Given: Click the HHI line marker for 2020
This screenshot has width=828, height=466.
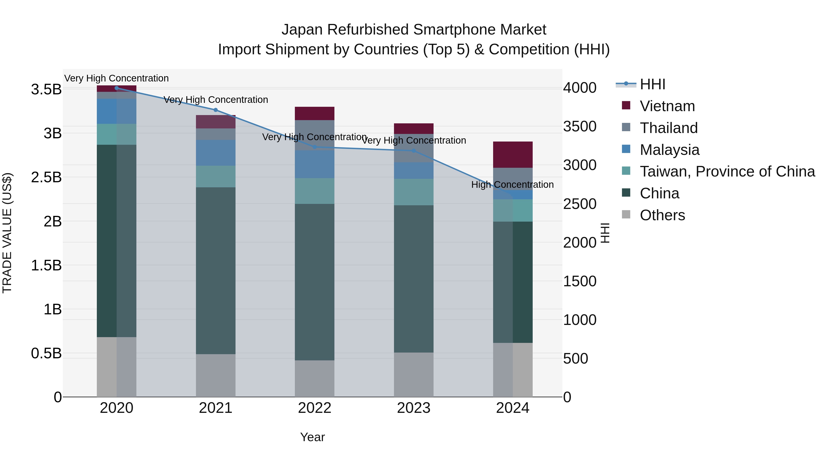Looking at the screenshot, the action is click(117, 88).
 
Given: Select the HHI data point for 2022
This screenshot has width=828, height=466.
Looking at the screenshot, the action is click(315, 147).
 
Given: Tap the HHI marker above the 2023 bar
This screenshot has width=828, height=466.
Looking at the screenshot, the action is click(414, 151).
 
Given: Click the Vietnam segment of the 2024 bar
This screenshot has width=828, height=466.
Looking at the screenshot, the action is click(513, 154).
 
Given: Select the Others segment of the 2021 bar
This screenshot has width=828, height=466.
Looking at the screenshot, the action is click(216, 375).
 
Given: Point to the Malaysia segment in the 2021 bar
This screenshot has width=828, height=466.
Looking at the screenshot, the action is click(216, 153).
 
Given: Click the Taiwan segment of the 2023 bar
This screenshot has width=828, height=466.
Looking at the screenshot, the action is click(414, 192).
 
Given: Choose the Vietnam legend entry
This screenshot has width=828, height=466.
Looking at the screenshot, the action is click(667, 106).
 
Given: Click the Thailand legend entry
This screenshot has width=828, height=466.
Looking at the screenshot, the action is click(669, 128).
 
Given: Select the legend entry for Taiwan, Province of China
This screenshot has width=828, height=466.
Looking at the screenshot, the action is click(727, 171).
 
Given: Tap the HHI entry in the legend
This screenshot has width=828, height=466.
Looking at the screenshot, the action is click(652, 84).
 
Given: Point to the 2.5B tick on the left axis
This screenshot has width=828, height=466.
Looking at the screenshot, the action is click(46, 177).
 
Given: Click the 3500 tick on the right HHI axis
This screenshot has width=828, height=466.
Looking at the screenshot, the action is click(580, 126).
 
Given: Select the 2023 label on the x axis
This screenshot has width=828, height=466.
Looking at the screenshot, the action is click(414, 408).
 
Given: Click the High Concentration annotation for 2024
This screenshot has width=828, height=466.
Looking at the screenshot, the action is click(512, 185).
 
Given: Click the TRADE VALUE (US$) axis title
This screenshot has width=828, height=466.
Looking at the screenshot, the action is click(7, 233).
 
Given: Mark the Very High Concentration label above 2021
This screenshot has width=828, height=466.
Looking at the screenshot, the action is click(216, 100).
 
